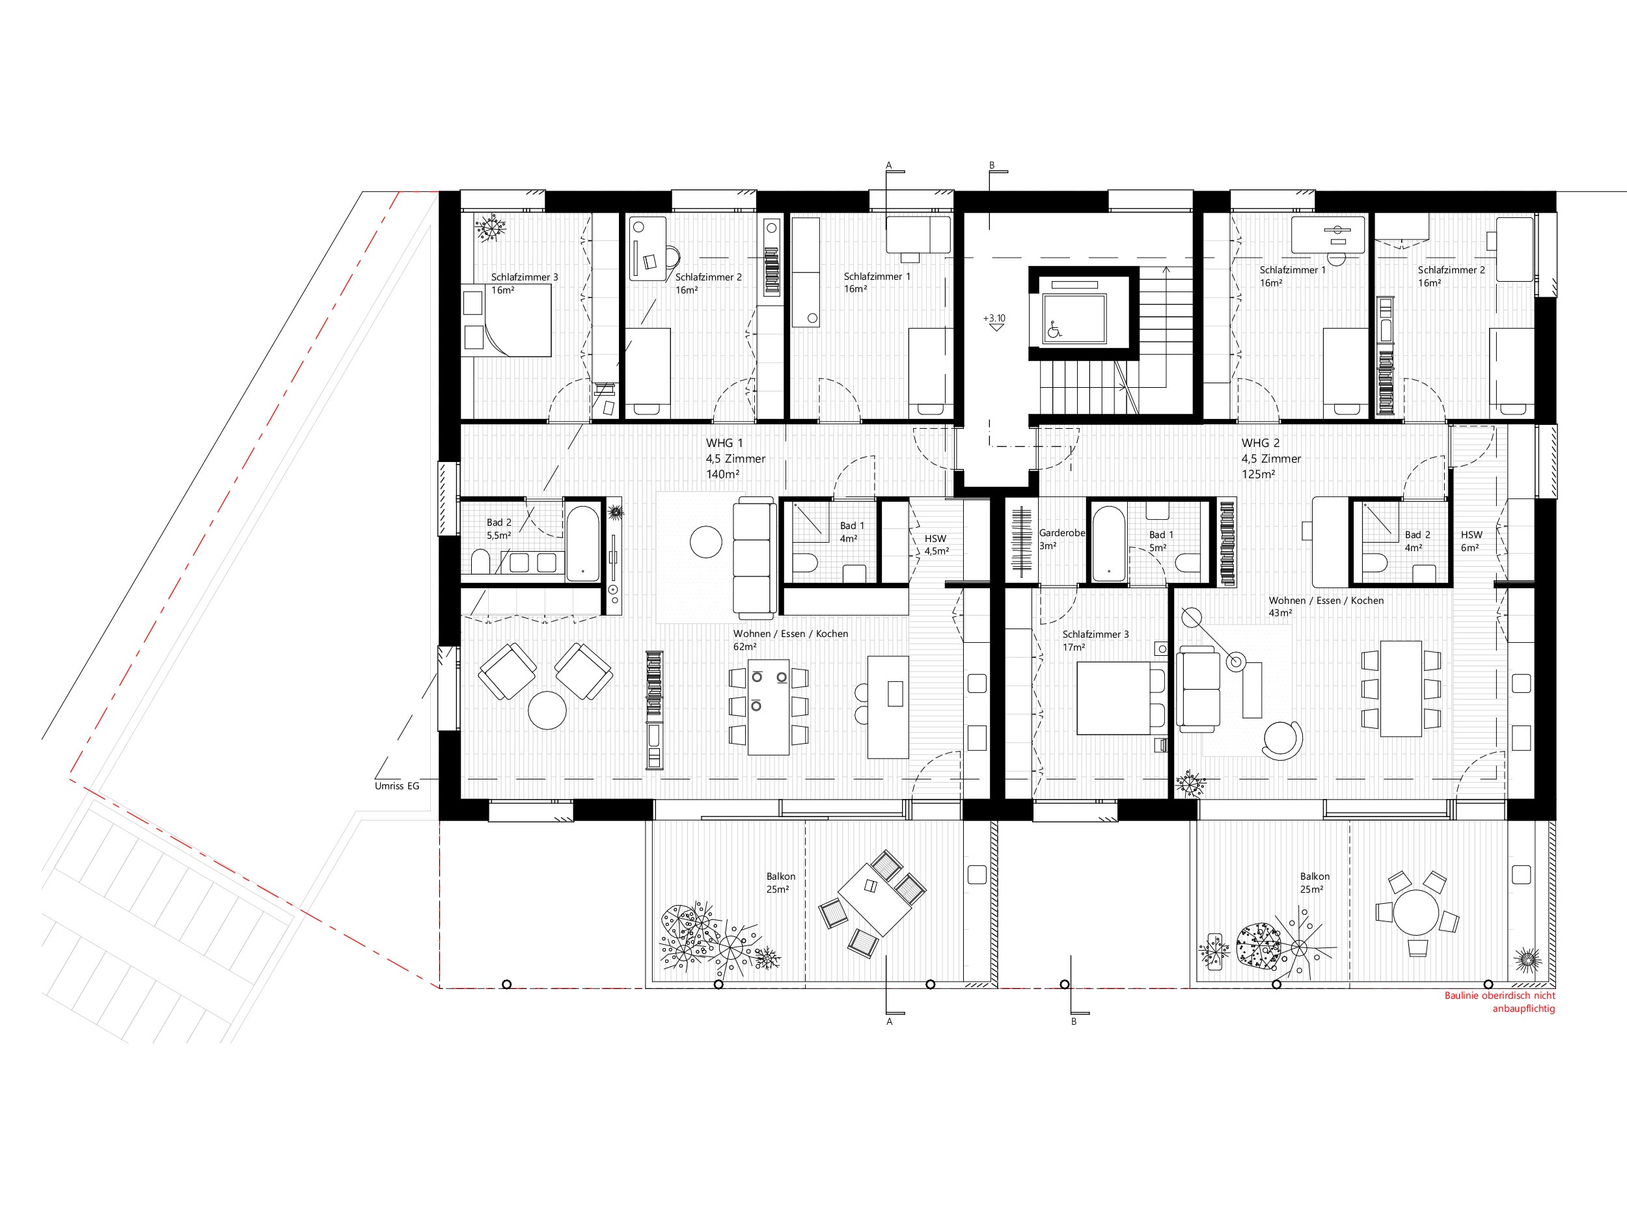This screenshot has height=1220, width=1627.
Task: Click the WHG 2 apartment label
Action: pos(1271,459)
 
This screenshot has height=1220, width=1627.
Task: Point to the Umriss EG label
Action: pos(396,786)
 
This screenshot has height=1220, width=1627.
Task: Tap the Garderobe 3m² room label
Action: pos(1061,539)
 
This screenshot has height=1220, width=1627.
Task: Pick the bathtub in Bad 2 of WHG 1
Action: pos(583,543)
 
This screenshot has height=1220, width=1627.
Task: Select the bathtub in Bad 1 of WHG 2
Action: pos(1108,543)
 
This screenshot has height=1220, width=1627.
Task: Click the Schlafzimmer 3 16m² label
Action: pos(525,284)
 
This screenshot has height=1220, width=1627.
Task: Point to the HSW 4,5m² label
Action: pos(937,545)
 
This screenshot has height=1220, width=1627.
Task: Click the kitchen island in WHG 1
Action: pos(888,707)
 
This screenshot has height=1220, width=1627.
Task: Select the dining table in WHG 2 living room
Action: pos(1401,688)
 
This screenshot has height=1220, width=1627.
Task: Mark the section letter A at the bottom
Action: pos(889,1022)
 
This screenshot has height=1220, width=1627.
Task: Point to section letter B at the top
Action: pos(992,165)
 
